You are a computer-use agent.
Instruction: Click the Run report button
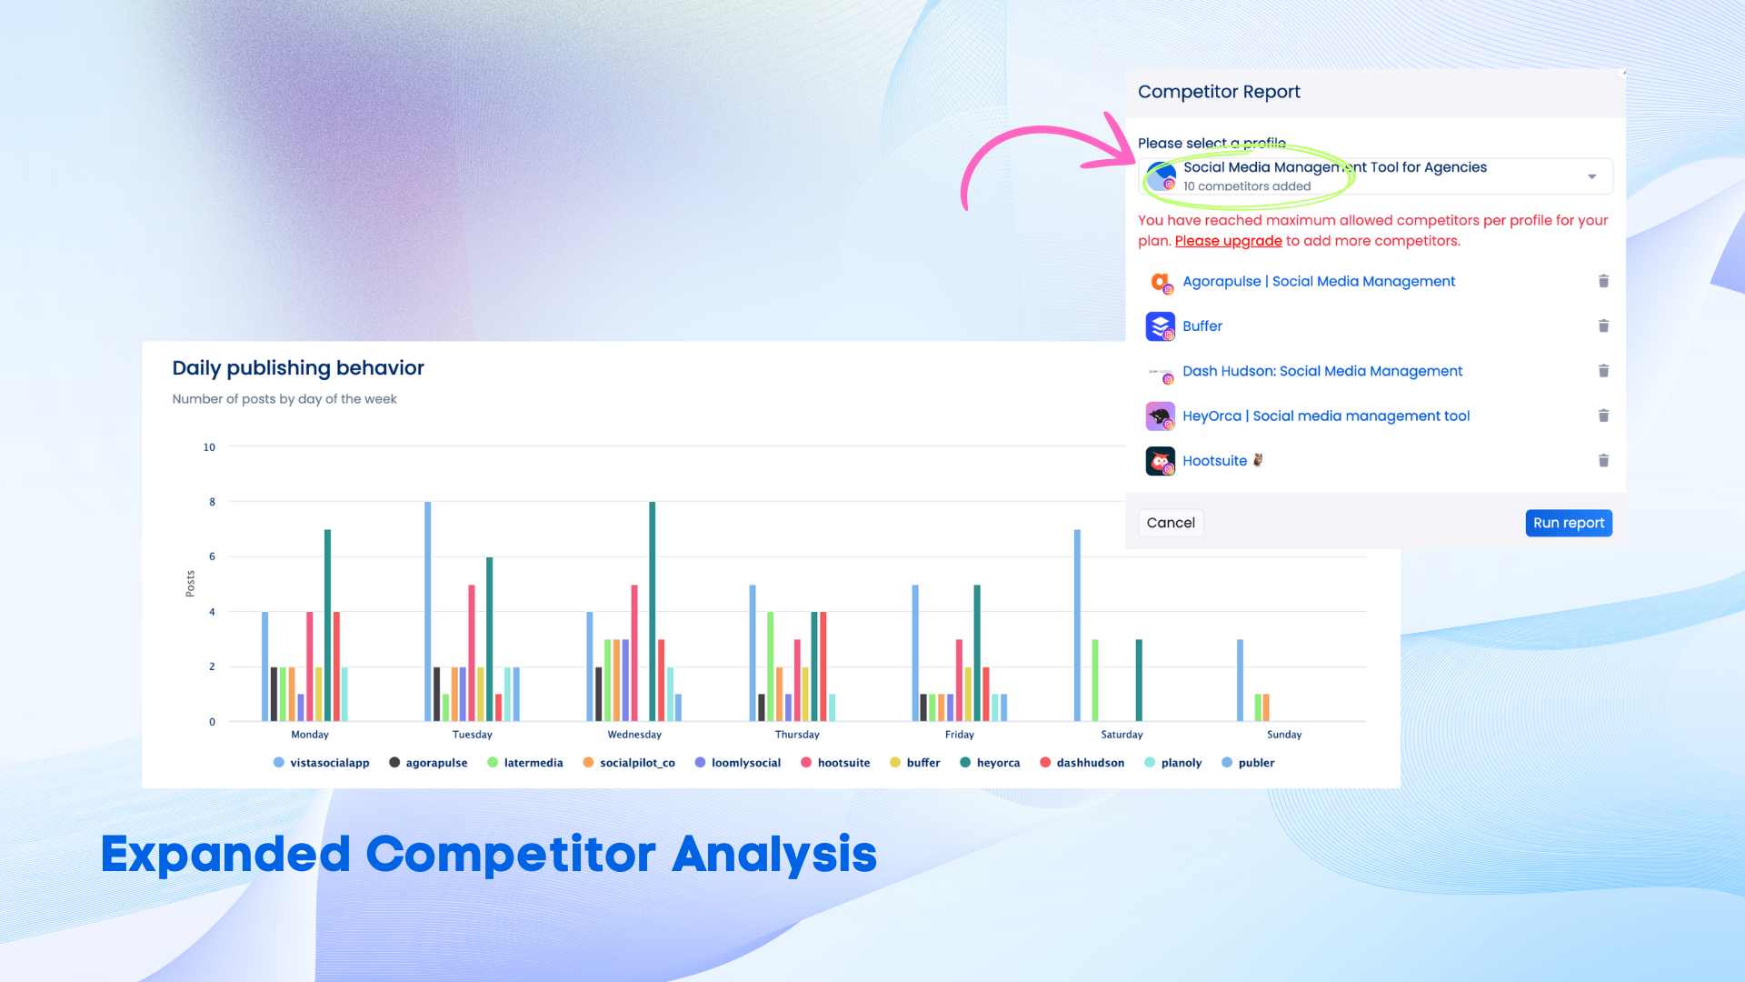1569,523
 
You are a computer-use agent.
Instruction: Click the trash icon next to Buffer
1603,326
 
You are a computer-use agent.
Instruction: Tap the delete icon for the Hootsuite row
1603,460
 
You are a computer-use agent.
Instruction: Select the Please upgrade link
1228,241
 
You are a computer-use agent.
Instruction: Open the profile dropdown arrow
1591,176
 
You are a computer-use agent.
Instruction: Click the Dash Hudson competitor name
1322,371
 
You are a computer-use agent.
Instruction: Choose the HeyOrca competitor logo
1160,416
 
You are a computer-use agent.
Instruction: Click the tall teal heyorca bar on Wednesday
652,611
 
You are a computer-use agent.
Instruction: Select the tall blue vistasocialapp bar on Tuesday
427,611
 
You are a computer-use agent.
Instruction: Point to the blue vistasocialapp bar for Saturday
1077,626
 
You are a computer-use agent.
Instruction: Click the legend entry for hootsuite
835,763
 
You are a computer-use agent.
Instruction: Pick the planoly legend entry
1173,763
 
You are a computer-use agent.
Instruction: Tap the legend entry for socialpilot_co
629,763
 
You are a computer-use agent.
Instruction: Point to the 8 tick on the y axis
213,502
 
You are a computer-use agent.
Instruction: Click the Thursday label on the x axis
797,735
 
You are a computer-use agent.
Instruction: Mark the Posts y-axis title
190,584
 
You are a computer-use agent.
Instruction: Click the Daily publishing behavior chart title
298,368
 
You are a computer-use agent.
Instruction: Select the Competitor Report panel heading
1219,92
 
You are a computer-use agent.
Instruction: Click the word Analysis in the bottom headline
774,855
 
